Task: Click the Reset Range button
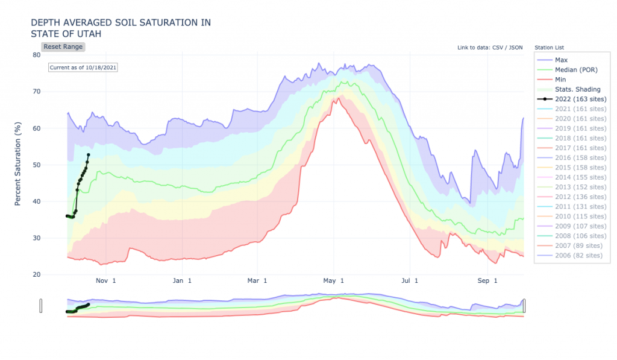pos(63,46)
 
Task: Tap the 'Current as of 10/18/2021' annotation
pos(83,68)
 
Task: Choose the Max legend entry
pos(561,60)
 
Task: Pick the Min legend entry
pos(561,80)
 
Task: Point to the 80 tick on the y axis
pos(37,55)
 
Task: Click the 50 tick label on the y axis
pos(37,165)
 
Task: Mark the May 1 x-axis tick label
pos(333,281)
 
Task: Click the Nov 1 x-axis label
pos(105,281)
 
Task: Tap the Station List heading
pos(549,47)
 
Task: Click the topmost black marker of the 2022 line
pos(89,155)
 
